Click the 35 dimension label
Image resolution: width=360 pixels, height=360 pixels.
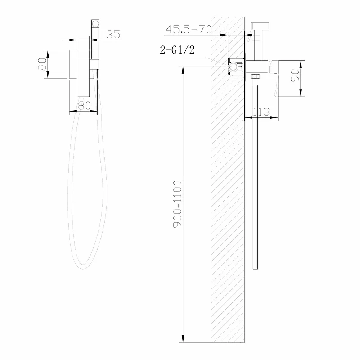coord(113,34)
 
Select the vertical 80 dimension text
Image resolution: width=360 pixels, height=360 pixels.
coord(42,64)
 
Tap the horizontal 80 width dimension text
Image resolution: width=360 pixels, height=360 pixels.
coord(84,106)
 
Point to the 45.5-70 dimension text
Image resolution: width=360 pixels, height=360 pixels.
coord(188,29)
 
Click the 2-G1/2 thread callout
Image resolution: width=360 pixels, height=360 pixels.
coord(177,50)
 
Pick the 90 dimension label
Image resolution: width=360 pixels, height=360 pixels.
coord(295,75)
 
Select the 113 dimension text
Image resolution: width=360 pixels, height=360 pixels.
coord(261,112)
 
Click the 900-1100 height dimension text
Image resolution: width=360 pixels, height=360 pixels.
coord(177,204)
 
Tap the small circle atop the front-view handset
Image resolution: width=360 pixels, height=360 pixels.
coord(95,24)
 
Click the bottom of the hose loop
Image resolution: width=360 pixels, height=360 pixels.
coord(83,268)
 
